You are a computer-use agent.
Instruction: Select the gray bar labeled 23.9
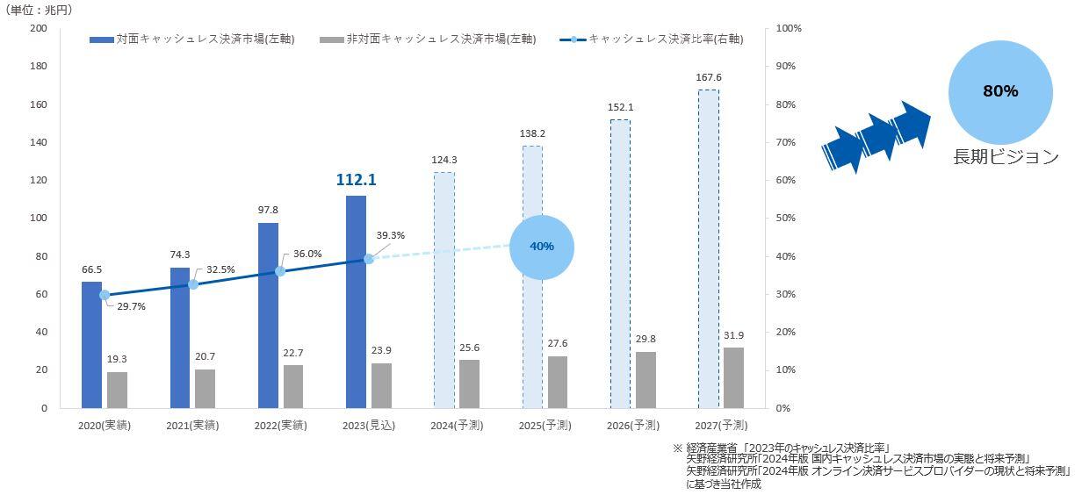pyautogui.click(x=381, y=385)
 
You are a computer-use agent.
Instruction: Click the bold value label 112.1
pyautogui.click(x=356, y=180)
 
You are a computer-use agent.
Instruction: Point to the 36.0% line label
pyautogui.click(x=307, y=254)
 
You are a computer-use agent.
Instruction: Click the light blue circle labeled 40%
pyautogui.click(x=542, y=247)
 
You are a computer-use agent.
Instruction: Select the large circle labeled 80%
pyautogui.click(x=1000, y=91)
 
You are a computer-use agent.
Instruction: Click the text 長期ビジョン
pyautogui.click(x=1006, y=158)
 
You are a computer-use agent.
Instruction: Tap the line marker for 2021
pyautogui.click(x=193, y=284)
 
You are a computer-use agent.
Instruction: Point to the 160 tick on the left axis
pyautogui.click(x=39, y=104)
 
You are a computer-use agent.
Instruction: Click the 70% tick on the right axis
pyautogui.click(x=786, y=142)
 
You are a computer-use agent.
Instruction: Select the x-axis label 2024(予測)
pyautogui.click(x=457, y=426)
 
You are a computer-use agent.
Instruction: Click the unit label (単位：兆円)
pyautogui.click(x=40, y=10)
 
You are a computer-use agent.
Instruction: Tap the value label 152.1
pyautogui.click(x=620, y=107)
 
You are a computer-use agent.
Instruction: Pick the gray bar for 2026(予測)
pyautogui.click(x=646, y=379)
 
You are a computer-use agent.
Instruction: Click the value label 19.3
pyautogui.click(x=117, y=359)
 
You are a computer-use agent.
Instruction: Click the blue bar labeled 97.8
pyautogui.click(x=268, y=315)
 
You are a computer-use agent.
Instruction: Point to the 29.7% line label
pyautogui.click(x=131, y=306)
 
